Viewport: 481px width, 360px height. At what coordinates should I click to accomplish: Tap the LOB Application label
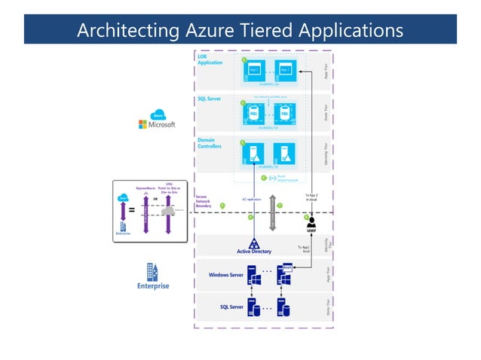click(210, 59)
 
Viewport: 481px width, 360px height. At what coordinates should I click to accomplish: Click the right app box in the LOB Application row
click(285, 70)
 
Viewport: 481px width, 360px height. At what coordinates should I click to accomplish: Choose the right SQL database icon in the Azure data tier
click(284, 114)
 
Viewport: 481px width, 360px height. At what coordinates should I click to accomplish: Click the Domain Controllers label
click(210, 143)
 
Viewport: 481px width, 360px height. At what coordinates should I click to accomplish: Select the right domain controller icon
click(285, 155)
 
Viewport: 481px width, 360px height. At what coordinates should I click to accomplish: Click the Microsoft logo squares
click(142, 125)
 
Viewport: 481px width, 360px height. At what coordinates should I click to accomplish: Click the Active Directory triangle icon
click(254, 243)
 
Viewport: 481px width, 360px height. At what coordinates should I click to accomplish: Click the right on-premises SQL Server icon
click(284, 308)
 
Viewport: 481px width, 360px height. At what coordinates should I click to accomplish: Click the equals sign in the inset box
click(132, 211)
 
